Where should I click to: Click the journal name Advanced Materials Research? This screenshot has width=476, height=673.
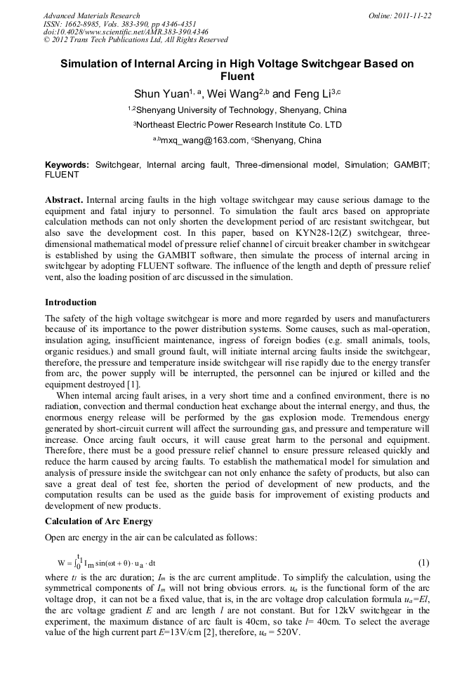tap(91, 15)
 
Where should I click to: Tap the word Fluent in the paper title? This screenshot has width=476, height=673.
tap(237, 76)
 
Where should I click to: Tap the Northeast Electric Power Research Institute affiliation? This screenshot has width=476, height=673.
tap(239, 125)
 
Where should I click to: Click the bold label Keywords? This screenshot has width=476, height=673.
tap(67, 164)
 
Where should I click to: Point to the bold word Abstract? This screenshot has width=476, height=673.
tap(65, 200)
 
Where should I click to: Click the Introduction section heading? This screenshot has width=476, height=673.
tap(71, 302)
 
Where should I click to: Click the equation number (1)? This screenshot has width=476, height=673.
tap(423, 563)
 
